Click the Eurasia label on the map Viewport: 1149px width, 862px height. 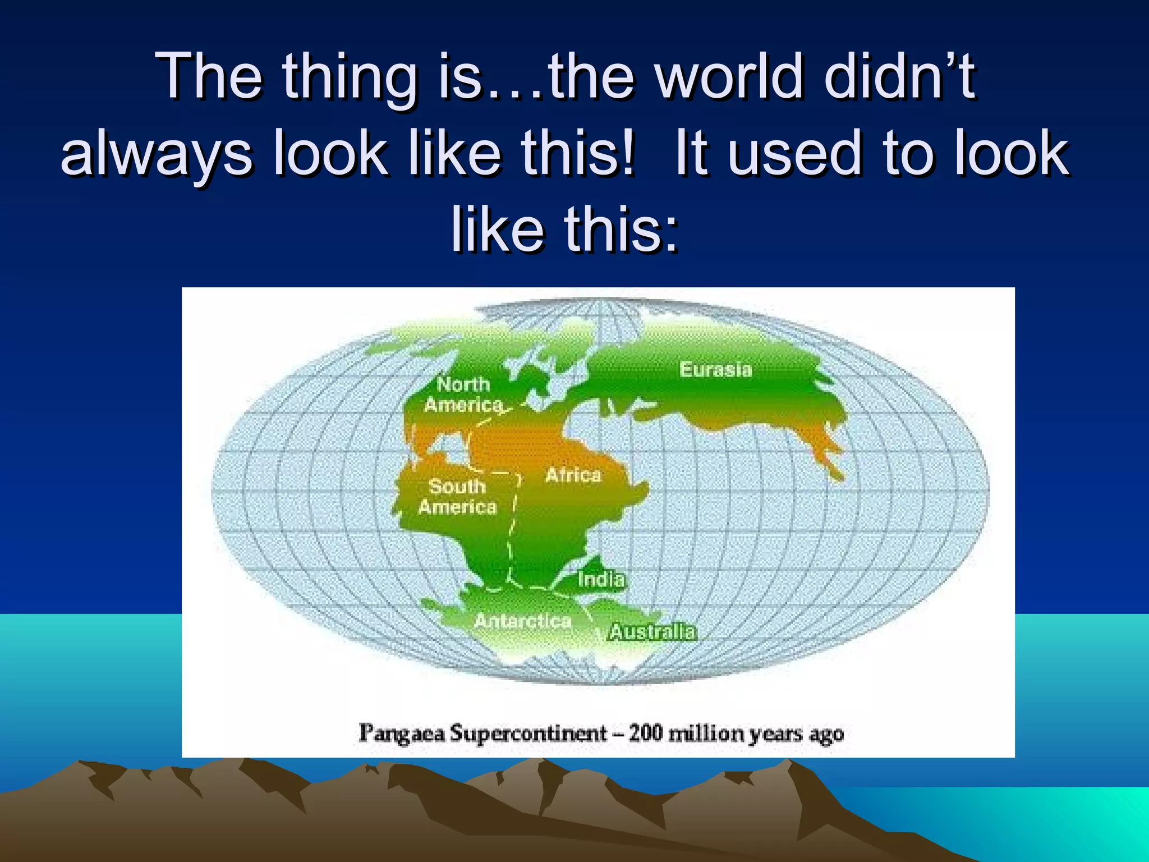coord(715,369)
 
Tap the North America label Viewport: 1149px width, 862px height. coord(463,395)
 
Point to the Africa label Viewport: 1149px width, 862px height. coord(573,475)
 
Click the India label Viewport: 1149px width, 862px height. coord(601,579)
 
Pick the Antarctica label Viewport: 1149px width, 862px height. coord(523,621)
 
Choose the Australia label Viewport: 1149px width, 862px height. coord(652,632)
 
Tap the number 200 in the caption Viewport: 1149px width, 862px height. coord(646,733)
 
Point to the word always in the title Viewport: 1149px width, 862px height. coord(157,155)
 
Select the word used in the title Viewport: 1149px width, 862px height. coord(794,154)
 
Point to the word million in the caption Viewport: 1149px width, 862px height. coord(707,733)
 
